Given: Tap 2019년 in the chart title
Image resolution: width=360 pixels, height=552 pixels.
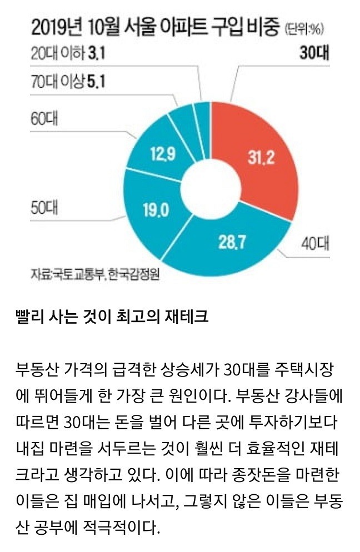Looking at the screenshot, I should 54,27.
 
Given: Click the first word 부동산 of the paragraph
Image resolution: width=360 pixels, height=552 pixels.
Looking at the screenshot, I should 39,369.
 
